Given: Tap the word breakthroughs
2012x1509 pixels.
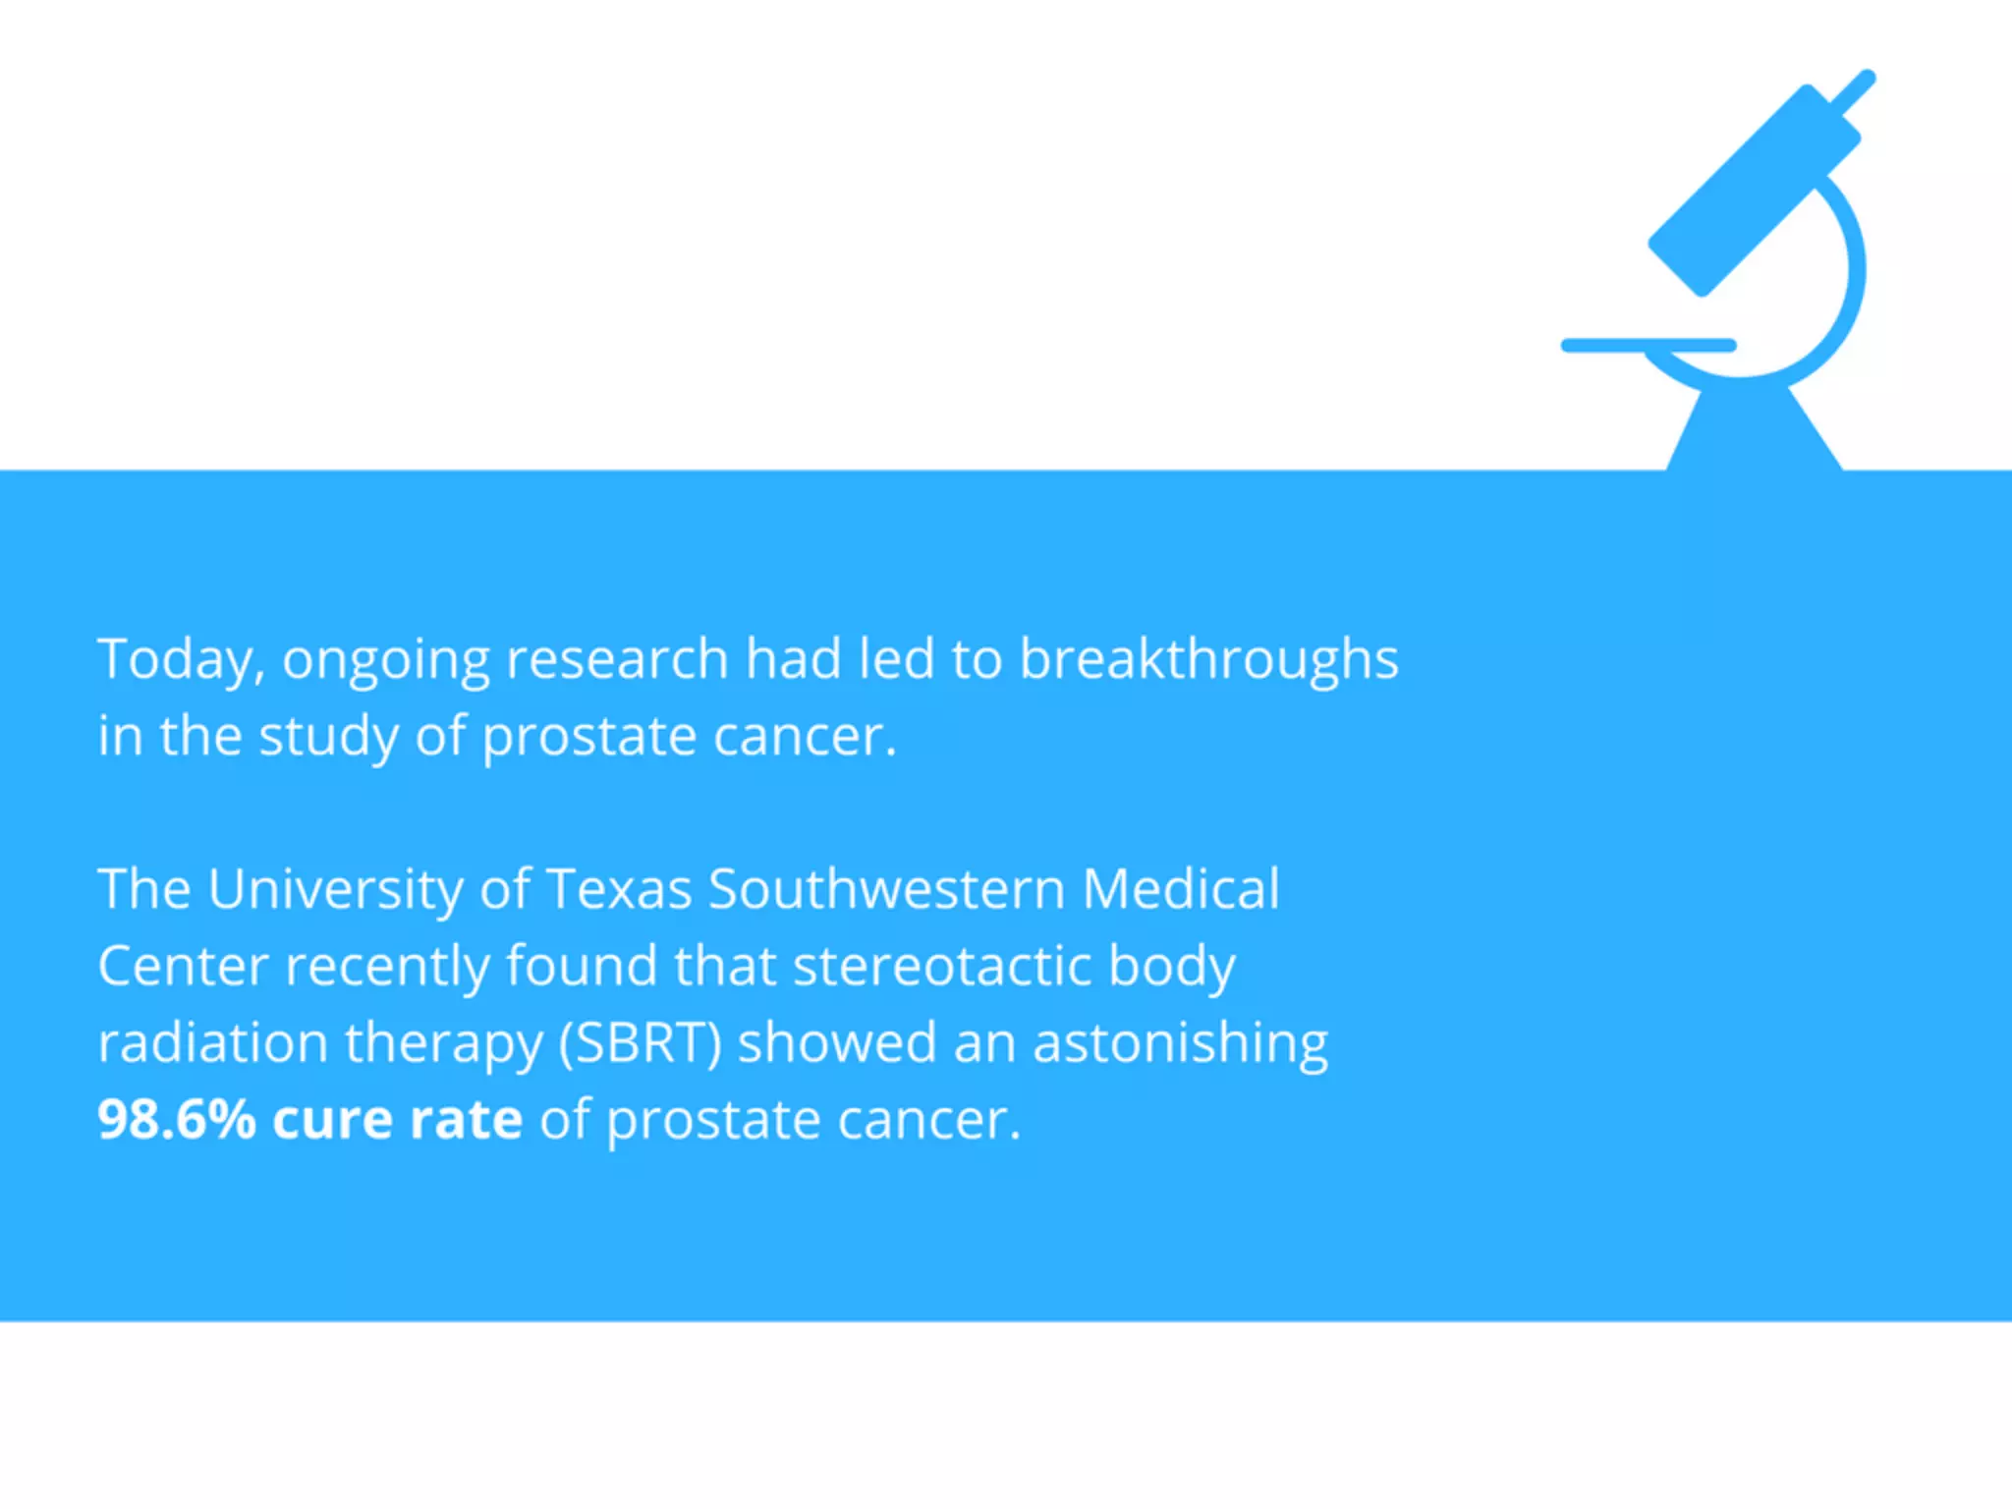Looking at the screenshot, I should [x=1207, y=659].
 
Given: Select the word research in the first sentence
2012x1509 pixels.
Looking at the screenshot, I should [x=616, y=659].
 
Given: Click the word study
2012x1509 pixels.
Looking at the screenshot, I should [x=328, y=737].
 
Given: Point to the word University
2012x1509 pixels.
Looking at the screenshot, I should [x=335, y=889].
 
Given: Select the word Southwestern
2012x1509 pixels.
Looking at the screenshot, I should [x=886, y=889].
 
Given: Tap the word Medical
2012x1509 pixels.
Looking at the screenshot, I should [x=1180, y=889].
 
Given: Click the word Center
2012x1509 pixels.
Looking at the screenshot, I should [x=183, y=966].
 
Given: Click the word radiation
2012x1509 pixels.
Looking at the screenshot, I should [x=212, y=1042].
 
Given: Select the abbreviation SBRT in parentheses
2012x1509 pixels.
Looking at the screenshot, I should [x=641, y=1042].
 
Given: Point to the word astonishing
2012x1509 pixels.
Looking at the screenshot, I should [x=1180, y=1042].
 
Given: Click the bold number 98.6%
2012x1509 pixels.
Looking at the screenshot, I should [x=176, y=1119].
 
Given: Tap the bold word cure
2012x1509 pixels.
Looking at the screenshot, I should [x=332, y=1119].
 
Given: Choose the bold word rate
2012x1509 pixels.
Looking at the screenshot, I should [x=466, y=1119].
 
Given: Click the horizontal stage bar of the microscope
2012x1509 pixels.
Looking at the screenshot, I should [x=1649, y=345].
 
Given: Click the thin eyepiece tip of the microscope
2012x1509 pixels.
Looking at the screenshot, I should [x=1855, y=91].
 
